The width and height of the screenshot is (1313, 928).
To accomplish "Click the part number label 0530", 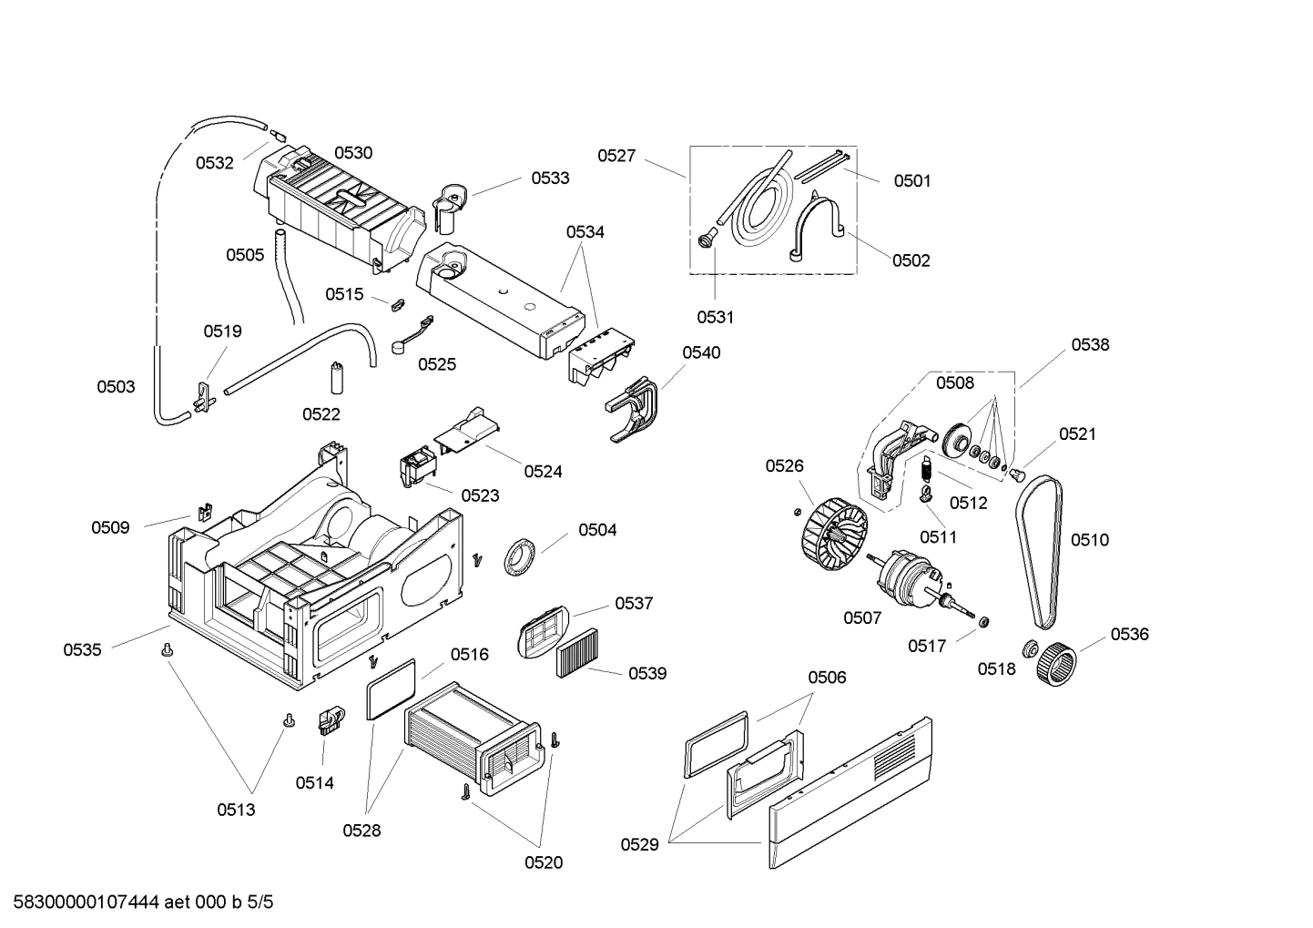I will (352, 153).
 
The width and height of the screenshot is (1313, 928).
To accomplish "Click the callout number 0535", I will (82, 649).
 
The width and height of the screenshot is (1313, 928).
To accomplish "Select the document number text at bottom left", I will (137, 903).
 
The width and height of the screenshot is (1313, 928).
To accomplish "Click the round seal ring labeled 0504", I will (520, 556).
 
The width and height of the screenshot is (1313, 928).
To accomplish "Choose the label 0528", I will (361, 831).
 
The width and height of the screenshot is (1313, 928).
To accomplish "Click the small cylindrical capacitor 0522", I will (336, 377).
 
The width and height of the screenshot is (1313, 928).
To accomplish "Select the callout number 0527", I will (616, 156).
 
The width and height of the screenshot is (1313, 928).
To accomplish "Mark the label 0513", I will (236, 810).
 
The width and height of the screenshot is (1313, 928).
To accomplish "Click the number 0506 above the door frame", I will (827, 677).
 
